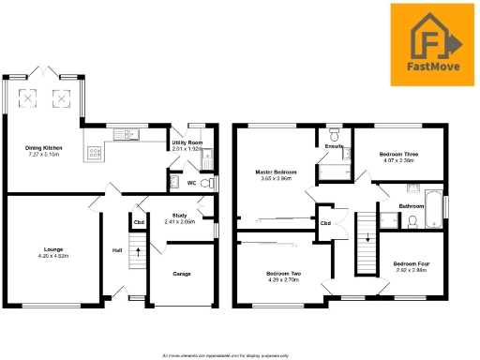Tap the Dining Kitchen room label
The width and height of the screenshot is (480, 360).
point(43,147)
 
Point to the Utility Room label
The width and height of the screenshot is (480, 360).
point(187,142)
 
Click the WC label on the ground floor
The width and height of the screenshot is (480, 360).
point(192,183)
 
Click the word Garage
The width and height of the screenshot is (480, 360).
point(182,274)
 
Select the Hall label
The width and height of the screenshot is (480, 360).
point(117,250)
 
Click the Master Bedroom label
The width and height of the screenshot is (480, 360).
point(277,172)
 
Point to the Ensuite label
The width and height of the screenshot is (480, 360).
point(333,147)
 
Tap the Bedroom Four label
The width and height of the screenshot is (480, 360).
point(410,263)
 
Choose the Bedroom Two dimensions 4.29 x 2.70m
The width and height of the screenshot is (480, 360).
point(282,279)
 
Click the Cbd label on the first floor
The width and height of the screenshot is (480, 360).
point(326,223)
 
